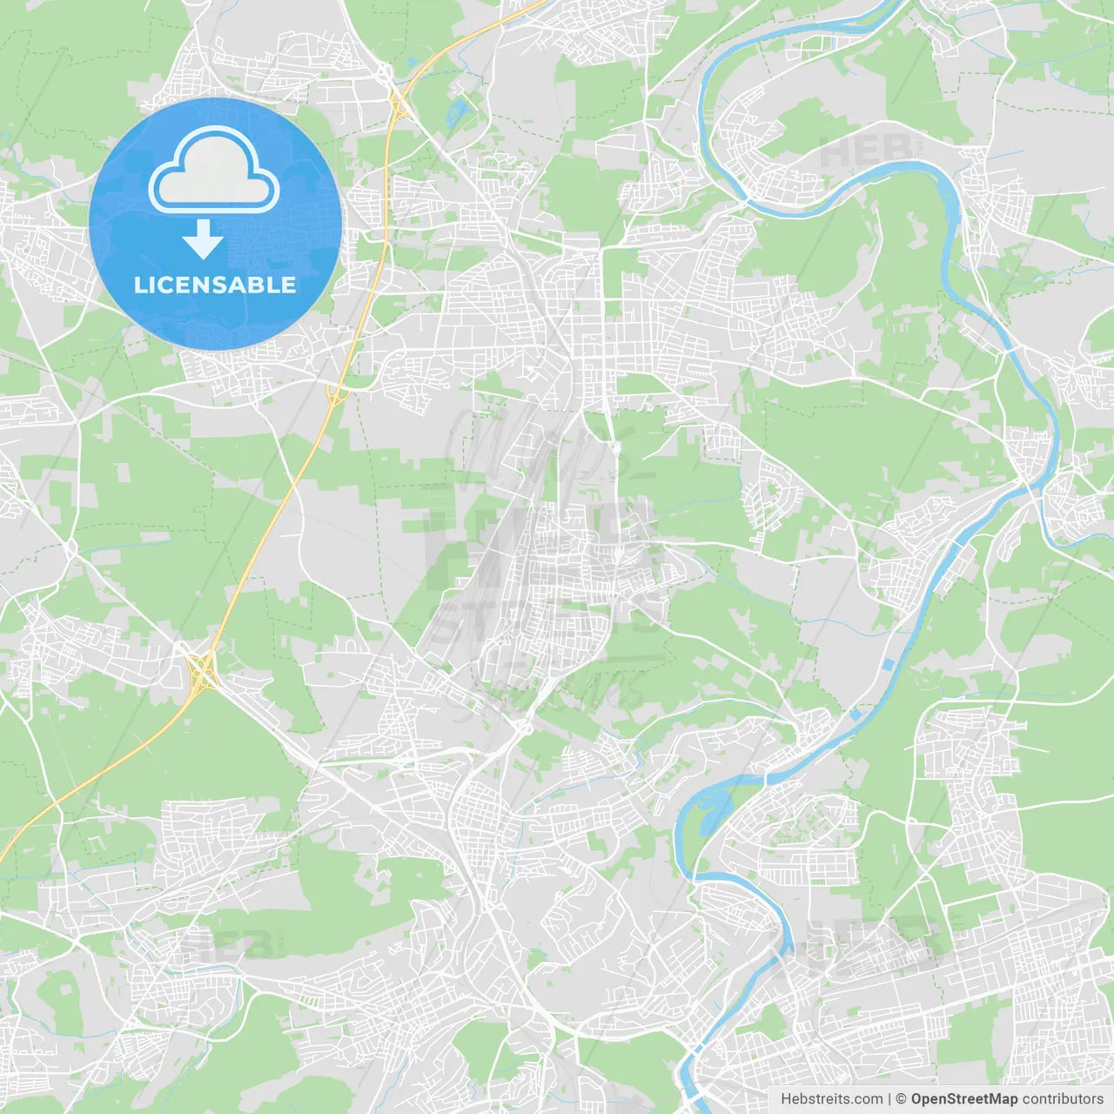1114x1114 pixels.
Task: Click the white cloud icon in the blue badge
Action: coord(214,170)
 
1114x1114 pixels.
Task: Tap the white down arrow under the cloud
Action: coord(203,239)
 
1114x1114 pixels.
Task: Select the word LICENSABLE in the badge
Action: coord(215,285)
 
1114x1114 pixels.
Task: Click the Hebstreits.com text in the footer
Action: coord(831,1099)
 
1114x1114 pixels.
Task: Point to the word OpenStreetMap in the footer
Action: coord(964,1099)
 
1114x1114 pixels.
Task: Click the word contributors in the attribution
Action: coord(1063,1099)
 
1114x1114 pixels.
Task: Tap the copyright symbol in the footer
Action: coord(901,1099)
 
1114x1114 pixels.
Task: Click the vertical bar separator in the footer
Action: coord(889,1099)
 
